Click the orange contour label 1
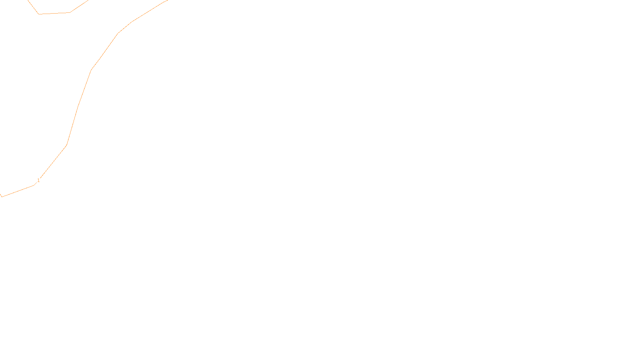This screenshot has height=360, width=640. coord(38,180)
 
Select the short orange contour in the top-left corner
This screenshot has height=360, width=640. coord(54,13)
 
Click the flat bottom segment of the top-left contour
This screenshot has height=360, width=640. coord(54,13)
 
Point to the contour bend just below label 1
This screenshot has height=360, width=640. coord(34,185)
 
